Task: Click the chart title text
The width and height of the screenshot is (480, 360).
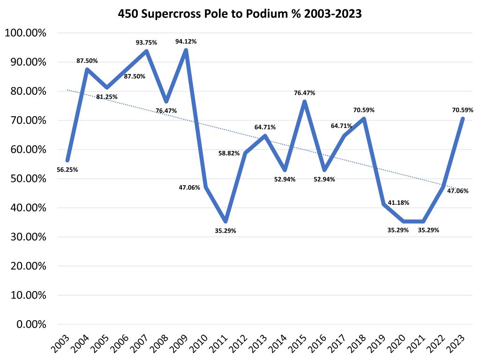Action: click(240, 15)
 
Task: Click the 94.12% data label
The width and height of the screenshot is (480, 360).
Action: click(186, 41)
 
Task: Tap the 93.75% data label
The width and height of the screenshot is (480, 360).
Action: click(146, 42)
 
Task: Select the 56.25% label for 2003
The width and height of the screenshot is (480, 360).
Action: click(67, 170)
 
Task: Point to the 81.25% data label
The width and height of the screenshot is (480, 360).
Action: click(107, 97)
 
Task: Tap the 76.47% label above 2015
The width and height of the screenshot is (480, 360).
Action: click(305, 93)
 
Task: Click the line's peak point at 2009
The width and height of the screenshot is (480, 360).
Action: click(186, 51)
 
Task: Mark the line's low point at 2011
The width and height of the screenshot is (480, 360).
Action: click(225, 221)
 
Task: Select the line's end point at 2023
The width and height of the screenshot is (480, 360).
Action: click(463, 119)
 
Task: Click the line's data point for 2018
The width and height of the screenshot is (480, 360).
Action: click(364, 119)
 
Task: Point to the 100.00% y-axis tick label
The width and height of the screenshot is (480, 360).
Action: click(25, 33)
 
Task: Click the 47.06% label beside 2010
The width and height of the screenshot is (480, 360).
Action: click(189, 187)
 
